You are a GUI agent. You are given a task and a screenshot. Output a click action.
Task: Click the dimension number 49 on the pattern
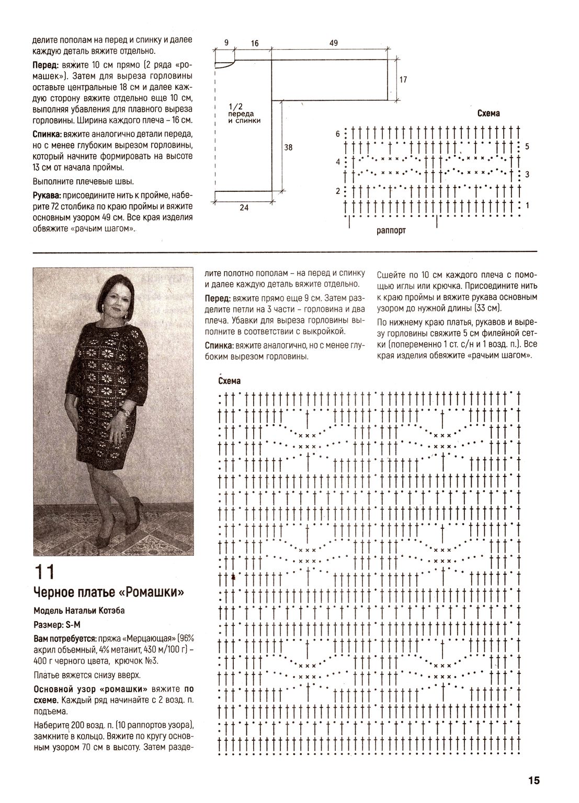click(x=333, y=44)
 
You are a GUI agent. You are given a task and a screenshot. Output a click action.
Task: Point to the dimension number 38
click(x=288, y=147)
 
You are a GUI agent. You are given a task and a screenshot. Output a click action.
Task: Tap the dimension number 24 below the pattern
click(x=244, y=207)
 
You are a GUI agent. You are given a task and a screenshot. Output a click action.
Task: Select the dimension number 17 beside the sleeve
click(x=403, y=80)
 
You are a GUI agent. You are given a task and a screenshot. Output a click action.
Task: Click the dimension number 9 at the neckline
click(x=226, y=43)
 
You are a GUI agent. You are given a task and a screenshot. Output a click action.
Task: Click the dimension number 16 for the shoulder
click(x=255, y=44)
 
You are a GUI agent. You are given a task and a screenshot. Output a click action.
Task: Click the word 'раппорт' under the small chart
click(x=391, y=230)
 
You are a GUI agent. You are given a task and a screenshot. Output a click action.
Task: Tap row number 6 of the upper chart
click(x=338, y=134)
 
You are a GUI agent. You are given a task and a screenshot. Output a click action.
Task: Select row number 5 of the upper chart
click(x=527, y=146)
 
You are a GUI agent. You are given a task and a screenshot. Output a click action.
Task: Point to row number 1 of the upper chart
click(x=527, y=205)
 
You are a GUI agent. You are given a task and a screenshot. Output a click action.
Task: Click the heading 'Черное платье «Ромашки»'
click(x=109, y=592)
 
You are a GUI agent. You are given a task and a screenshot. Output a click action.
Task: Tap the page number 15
click(x=533, y=781)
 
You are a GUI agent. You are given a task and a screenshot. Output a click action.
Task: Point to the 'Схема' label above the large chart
click(x=229, y=382)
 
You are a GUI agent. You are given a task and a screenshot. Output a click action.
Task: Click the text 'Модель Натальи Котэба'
click(x=79, y=611)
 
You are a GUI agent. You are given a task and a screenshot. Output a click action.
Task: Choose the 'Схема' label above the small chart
click(x=489, y=113)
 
